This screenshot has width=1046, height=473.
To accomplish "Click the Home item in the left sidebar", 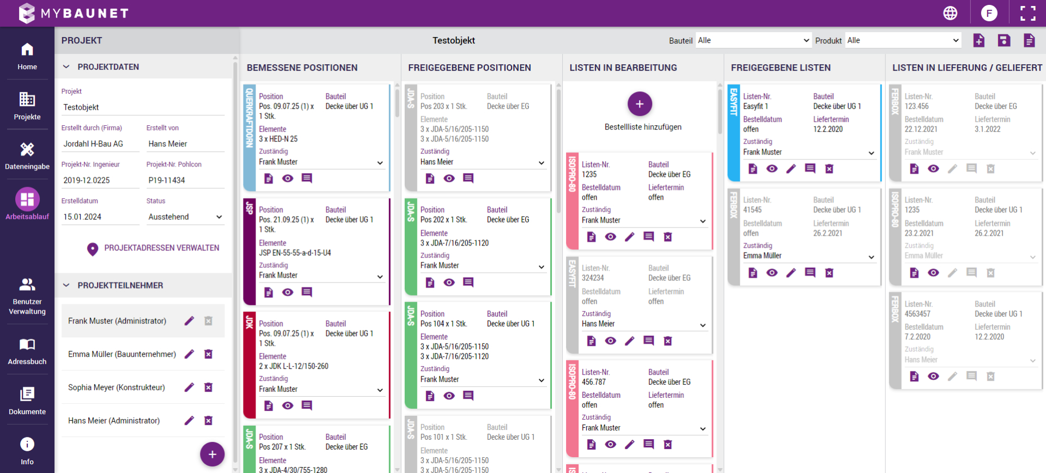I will click(27, 56).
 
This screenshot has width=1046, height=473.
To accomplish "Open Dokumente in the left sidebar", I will click(27, 401).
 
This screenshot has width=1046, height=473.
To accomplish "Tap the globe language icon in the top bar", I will click(950, 13).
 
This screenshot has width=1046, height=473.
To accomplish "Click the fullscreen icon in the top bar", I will click(1027, 13).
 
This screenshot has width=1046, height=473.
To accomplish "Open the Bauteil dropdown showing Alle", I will click(753, 40).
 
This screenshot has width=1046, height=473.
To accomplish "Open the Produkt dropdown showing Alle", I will click(903, 40).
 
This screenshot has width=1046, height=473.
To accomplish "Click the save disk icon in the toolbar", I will click(1004, 40).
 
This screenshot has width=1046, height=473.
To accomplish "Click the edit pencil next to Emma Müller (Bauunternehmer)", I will click(189, 354).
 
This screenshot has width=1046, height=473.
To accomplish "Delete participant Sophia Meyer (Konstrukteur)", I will click(208, 388).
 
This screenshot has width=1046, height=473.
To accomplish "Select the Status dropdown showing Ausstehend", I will click(185, 217).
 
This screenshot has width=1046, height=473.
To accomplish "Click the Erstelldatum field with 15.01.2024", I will click(100, 217).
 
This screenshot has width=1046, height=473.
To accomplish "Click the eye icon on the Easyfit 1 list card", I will click(771, 169).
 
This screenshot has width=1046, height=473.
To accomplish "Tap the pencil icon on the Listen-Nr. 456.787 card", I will click(629, 445).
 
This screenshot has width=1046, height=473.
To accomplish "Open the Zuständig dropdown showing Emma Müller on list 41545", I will click(808, 256).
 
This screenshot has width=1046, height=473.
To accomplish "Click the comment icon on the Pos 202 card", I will click(468, 282).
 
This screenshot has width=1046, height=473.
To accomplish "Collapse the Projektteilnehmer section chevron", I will click(66, 285).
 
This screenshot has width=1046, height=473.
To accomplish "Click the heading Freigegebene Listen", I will click(781, 67).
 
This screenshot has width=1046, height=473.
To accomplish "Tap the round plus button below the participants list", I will click(212, 454).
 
